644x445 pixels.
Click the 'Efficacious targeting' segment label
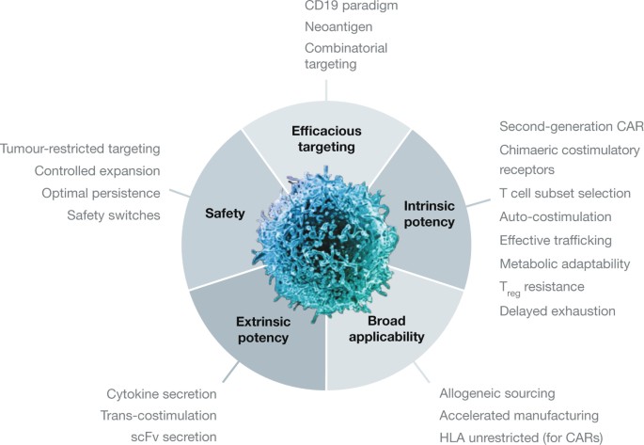pos(327,138)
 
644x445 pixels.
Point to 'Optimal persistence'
pos(101,194)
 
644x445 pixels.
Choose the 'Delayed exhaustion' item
pos(558,309)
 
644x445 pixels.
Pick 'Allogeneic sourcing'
pos(496,392)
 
